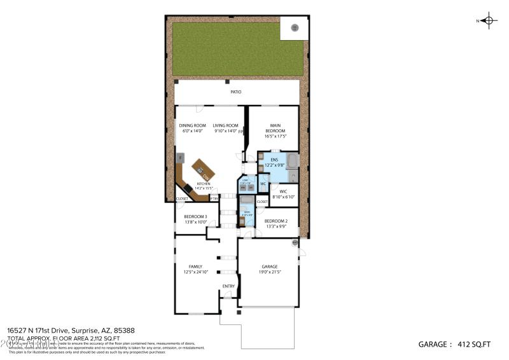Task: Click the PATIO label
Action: point(235,92)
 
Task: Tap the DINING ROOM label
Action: point(192,126)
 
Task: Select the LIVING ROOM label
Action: point(225,126)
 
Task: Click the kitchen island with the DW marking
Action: point(203,170)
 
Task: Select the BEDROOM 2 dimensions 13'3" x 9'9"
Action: point(275,226)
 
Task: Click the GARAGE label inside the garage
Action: point(270,267)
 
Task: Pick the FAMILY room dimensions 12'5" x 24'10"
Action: point(195,272)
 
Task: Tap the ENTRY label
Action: point(228,286)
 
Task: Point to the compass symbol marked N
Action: point(488,20)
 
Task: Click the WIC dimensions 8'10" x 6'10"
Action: point(280,197)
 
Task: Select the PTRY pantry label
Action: point(214,198)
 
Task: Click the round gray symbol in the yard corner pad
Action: point(294,27)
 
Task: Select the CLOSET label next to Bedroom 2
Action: point(262,202)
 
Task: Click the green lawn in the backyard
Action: point(229,48)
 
